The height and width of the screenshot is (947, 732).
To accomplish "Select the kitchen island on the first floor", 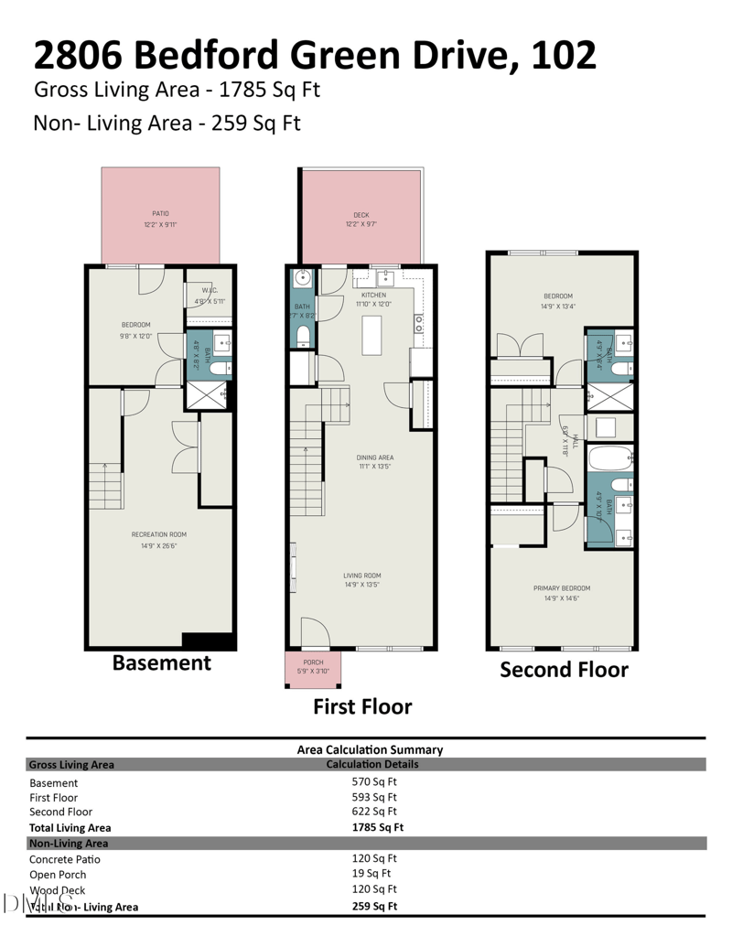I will (x=372, y=334).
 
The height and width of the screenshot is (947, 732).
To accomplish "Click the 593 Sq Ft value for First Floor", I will (x=374, y=797).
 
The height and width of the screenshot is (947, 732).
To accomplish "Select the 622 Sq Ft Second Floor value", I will (x=374, y=812).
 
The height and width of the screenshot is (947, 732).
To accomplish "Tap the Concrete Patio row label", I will (x=65, y=859).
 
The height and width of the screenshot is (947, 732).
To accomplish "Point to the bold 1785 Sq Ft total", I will (x=378, y=827).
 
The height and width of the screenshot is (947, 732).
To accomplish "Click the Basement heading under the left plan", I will (x=161, y=663).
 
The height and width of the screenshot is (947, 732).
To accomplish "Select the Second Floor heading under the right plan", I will (x=564, y=670).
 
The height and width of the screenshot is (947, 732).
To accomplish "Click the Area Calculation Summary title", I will (x=370, y=749).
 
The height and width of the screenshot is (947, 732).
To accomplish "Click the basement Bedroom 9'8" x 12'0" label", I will (x=135, y=330).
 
